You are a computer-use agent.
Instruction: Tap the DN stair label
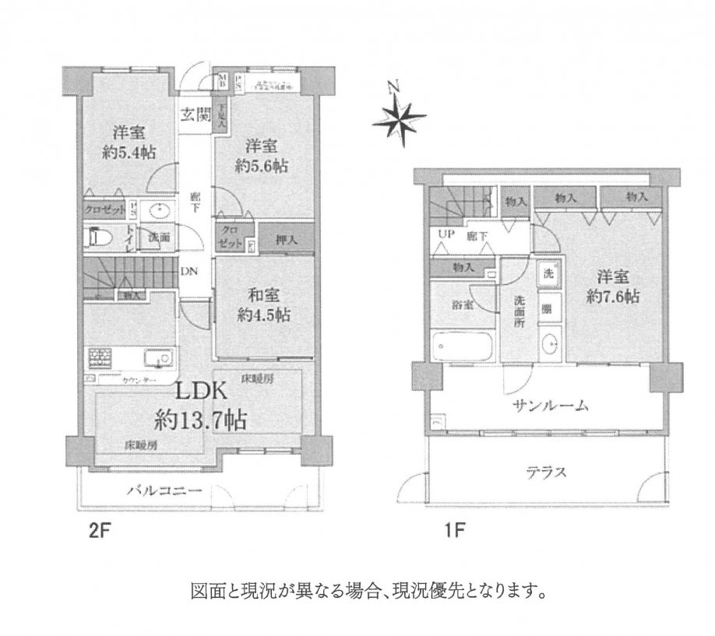click(x=189, y=272)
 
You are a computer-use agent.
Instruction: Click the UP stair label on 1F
click(x=447, y=234)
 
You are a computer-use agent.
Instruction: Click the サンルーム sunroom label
click(x=549, y=406)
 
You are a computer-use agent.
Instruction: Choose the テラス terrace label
click(x=544, y=471)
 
